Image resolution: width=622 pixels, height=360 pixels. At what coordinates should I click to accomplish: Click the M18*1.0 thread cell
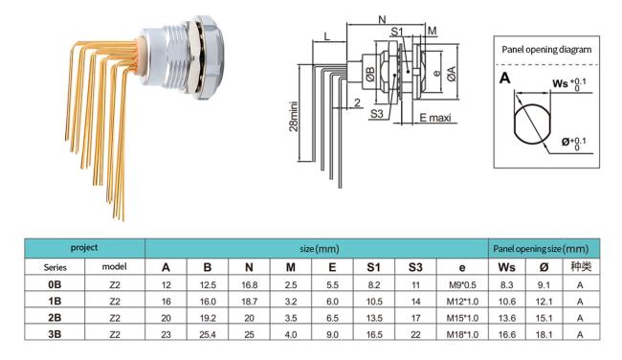click(x=462, y=334)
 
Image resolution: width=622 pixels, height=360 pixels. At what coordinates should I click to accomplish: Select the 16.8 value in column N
click(x=249, y=285)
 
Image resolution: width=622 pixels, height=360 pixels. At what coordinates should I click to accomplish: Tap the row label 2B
click(x=55, y=318)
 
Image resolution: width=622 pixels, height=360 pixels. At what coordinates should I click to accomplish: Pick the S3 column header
click(x=415, y=267)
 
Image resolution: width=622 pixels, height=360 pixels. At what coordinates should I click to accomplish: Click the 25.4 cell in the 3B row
click(x=208, y=334)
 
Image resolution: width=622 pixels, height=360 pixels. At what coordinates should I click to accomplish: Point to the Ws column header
click(x=506, y=267)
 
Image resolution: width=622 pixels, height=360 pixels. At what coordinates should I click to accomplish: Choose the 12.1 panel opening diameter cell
click(x=544, y=302)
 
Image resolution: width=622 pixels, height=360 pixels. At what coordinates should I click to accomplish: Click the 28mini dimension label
click(x=294, y=117)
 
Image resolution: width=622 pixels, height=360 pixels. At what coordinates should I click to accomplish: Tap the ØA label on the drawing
click(x=452, y=74)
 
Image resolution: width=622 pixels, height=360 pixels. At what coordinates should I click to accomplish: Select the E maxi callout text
click(x=435, y=118)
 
